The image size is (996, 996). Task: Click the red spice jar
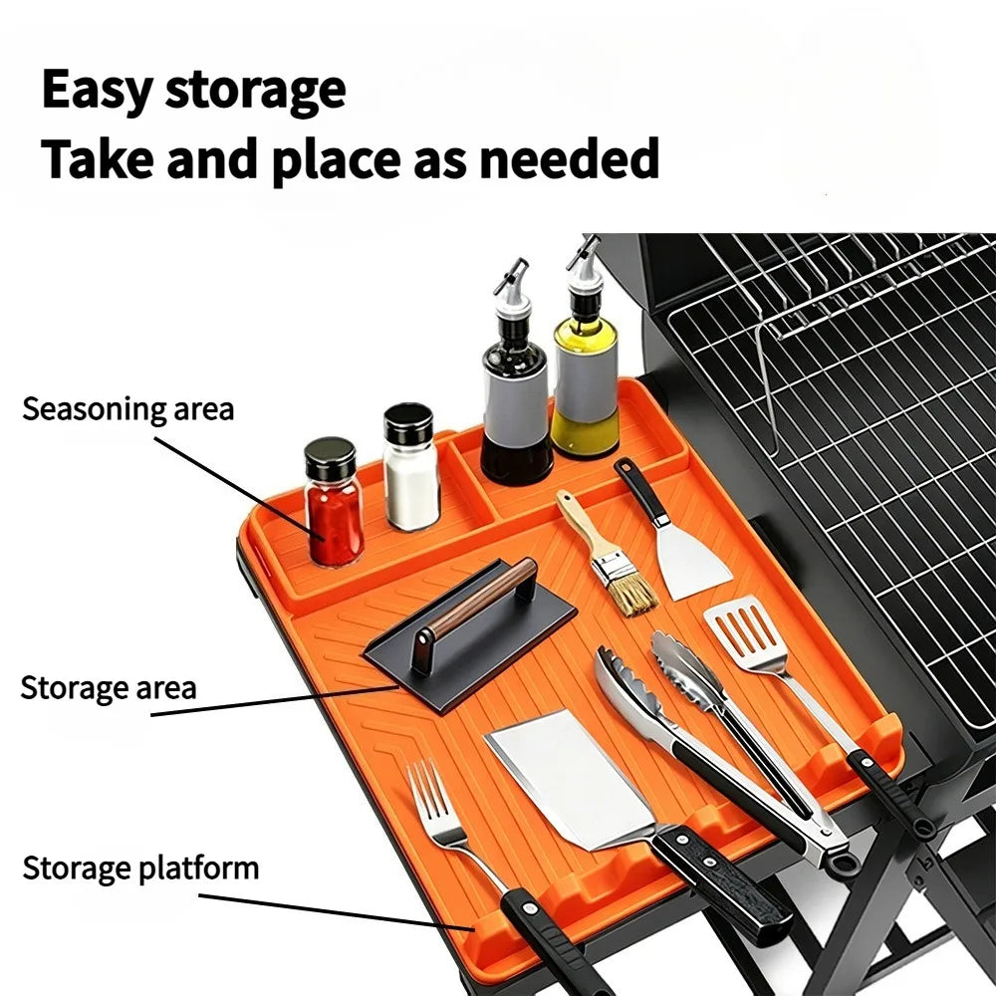pyautogui.click(x=333, y=503)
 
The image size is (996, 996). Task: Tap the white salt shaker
pyautogui.click(x=411, y=467)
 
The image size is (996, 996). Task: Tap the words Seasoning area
pyautogui.click(x=127, y=409)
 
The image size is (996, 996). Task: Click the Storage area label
pyautogui.click(x=108, y=688)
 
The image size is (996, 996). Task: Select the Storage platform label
pyautogui.click(x=140, y=869)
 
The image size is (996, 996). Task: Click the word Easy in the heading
pyautogui.click(x=95, y=91)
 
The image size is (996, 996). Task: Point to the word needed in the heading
pyautogui.click(x=569, y=158)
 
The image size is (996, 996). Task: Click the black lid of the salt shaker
pyautogui.click(x=408, y=423)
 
